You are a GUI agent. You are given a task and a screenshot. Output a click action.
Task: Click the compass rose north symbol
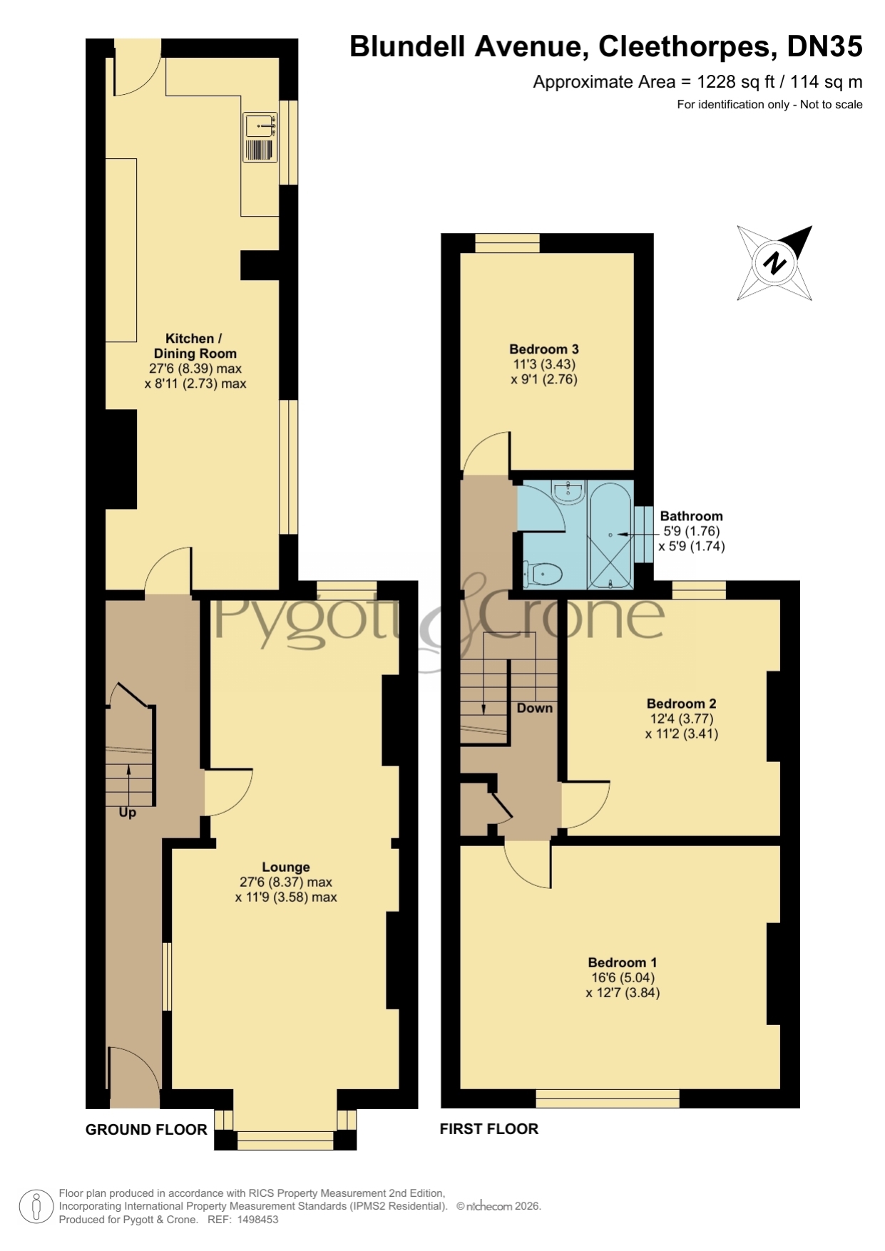coord(774,263)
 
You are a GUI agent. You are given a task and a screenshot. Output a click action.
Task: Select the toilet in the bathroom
coord(543,572)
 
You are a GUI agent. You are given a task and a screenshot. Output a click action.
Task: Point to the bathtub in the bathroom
coord(611,535)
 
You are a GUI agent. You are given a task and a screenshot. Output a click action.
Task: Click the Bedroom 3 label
coord(543,349)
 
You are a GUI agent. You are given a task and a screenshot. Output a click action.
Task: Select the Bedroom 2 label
coord(681,704)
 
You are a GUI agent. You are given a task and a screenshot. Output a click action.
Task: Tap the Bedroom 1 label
coord(623,962)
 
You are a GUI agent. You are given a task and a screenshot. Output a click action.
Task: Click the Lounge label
coord(286,867)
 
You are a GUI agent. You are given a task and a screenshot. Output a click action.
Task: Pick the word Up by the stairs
coord(128,813)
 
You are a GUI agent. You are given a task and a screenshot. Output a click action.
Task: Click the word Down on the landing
coord(535,708)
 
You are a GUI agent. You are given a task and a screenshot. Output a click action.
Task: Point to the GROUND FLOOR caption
coord(146,1129)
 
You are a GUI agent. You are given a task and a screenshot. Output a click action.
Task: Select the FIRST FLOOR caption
coord(489,1129)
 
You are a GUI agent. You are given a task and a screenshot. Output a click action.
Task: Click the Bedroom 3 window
coord(508,243)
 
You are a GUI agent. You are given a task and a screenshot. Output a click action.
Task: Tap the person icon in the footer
coord(36,1207)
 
